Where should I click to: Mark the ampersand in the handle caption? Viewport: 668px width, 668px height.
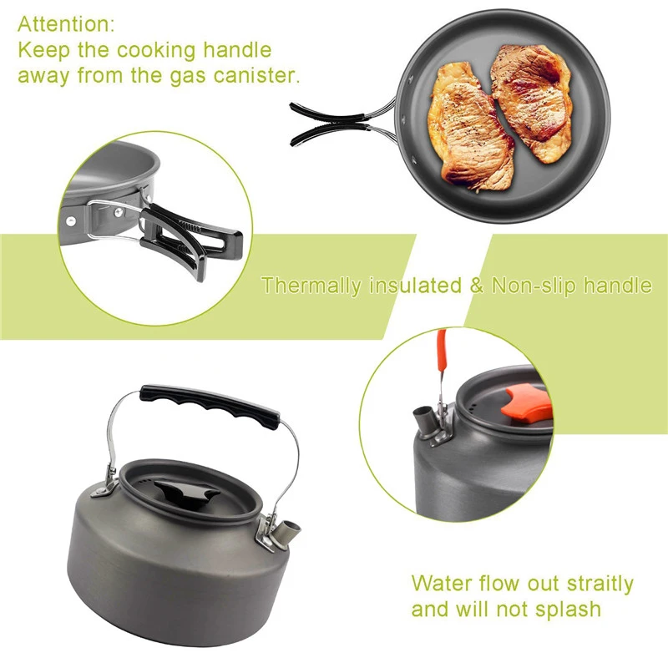point(477,286)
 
